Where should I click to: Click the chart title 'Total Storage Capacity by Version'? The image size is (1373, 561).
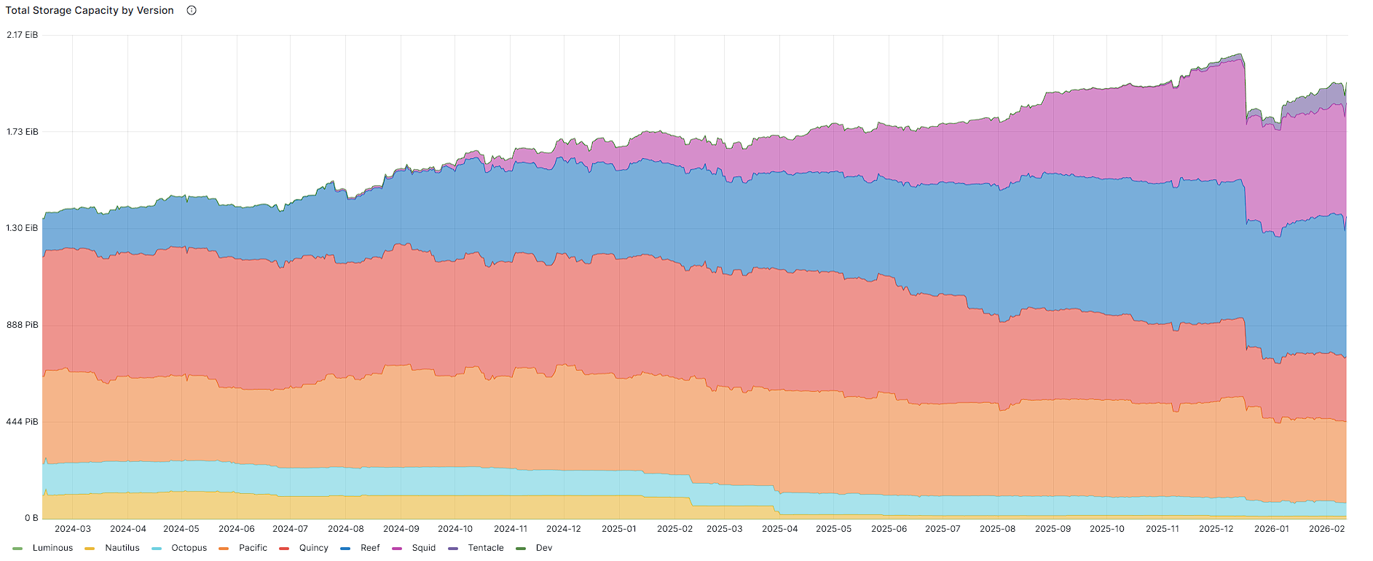tap(90, 11)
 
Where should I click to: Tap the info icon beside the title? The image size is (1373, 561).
tap(192, 10)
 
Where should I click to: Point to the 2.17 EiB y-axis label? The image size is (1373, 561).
tap(22, 35)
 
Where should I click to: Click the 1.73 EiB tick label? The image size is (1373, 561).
tap(22, 132)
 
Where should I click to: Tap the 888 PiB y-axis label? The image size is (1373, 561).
tap(22, 325)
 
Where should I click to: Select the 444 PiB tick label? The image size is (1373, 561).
tap(22, 422)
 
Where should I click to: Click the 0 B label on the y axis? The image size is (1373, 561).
tap(31, 518)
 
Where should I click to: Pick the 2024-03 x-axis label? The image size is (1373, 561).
tap(73, 529)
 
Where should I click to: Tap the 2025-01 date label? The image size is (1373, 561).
tap(619, 529)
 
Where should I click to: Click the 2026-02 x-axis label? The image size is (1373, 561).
tap(1327, 529)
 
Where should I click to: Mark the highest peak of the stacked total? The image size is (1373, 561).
tap(1240, 54)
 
